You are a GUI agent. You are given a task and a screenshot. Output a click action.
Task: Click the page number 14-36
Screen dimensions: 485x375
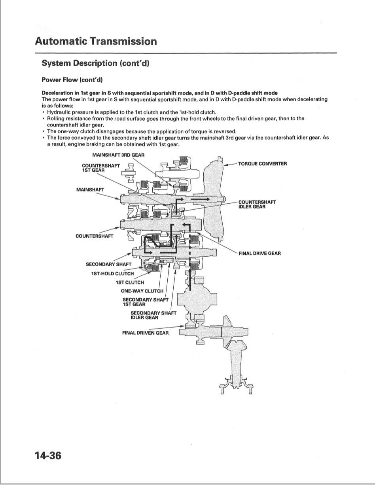coord(48,456)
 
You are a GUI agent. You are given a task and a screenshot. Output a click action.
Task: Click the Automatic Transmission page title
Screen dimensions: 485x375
coord(96,41)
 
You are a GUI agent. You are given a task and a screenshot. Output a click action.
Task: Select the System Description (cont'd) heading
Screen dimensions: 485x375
coord(95,63)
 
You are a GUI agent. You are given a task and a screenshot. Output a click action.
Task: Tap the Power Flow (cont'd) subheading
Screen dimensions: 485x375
coord(72,80)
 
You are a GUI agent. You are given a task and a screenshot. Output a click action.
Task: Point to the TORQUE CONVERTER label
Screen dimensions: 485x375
coord(262,164)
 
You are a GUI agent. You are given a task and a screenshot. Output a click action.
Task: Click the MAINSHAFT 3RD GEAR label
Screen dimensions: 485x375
coord(118,155)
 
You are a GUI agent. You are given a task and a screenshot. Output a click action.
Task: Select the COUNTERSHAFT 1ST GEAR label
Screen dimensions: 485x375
coord(100,168)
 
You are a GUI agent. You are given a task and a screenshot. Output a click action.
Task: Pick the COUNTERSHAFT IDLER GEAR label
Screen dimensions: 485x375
coord(257,204)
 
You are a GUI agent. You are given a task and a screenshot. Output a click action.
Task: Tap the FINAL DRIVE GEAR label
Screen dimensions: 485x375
coord(259,253)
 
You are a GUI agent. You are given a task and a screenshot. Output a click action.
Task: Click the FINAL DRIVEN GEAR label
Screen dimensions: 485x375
coord(145,333)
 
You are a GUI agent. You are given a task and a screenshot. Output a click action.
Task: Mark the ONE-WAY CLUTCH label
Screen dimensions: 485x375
coord(142,291)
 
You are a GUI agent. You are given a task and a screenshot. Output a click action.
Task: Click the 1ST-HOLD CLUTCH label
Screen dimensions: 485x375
coord(112,273)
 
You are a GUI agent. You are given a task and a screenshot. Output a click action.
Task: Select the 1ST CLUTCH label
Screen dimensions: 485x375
coord(130,282)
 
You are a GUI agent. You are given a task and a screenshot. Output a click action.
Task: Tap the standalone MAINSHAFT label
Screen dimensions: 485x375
coord(90,189)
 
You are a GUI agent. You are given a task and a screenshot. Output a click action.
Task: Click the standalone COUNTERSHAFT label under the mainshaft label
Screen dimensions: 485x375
coord(94,236)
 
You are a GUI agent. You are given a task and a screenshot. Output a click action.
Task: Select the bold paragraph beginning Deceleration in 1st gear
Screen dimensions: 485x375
coord(159,93)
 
